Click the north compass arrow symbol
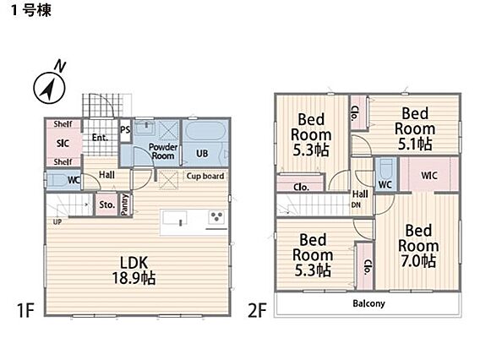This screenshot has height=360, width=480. coord(49,88)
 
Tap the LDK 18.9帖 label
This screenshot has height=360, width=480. coord(134,270)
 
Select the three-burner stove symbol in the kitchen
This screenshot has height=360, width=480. coord(217,217)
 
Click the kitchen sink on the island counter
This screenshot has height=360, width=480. coord(174,219)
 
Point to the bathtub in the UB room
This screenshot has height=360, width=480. coord(205,131)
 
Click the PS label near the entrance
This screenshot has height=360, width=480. coord(125,130)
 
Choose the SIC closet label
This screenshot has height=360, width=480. coord(63,143)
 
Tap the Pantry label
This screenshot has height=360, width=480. coord(125,205)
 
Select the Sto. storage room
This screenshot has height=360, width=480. coord(106,205)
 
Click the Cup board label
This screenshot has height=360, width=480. coord(205,176)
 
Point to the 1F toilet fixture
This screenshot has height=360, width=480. coord(57,180)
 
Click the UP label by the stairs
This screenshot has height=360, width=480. coord(57,221)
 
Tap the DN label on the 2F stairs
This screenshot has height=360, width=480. coord(356,205)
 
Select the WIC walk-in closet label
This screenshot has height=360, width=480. coord(429,176)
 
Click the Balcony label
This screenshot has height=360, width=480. coord(369,303)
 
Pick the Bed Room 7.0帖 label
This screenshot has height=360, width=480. coord(418,246)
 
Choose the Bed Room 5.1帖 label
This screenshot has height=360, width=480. coord(415,128)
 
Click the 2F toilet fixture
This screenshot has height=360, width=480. coord(385,169)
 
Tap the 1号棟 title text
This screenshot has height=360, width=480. coord(31,11)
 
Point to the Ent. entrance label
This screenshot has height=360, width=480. coord(100,138)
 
